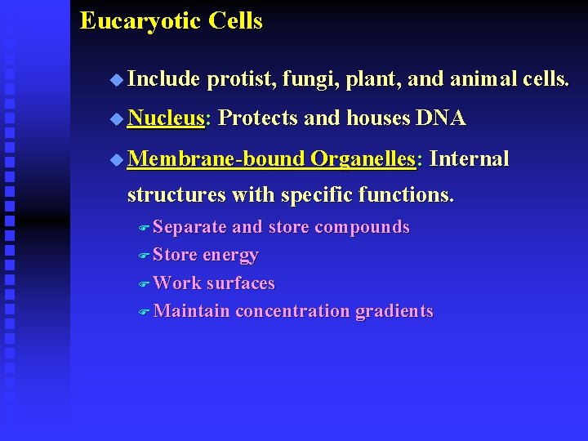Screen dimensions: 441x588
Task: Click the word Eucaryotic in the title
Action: [140, 21]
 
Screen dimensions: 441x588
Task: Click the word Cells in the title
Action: [235, 21]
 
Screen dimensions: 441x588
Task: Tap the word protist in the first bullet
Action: [243, 79]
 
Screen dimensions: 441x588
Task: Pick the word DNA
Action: [440, 118]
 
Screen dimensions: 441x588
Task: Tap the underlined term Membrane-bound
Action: [216, 158]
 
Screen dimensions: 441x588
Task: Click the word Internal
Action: [469, 158]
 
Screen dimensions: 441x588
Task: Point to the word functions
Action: [412, 196]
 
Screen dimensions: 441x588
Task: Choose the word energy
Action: [230, 256]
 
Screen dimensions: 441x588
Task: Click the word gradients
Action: [394, 311]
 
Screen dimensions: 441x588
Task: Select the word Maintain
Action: [191, 311]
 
